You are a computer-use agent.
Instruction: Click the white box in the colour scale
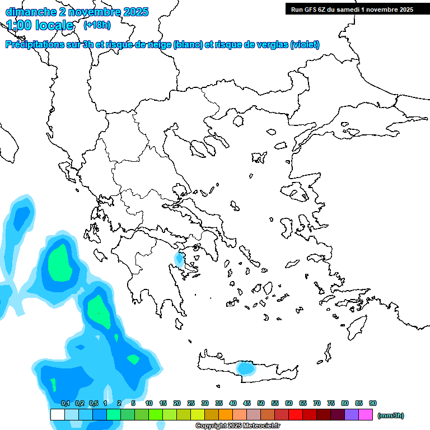(58, 415)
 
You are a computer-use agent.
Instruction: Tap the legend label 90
(373, 403)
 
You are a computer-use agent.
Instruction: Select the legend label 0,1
(66, 403)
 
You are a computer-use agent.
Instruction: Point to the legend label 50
(261, 403)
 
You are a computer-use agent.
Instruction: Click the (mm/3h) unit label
(391, 415)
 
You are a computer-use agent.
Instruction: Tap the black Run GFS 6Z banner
(352, 9)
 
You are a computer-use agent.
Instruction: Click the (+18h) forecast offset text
(97, 25)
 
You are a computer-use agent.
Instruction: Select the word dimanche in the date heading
(31, 11)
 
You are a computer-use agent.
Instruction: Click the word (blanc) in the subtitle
(188, 45)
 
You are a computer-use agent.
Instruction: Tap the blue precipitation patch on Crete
(245, 368)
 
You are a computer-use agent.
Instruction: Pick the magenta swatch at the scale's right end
(366, 415)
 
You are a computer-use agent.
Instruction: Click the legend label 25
(191, 403)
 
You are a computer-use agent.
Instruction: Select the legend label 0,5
(94, 403)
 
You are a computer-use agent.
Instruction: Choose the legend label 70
(317, 403)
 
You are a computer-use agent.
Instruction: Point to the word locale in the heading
(55, 25)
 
